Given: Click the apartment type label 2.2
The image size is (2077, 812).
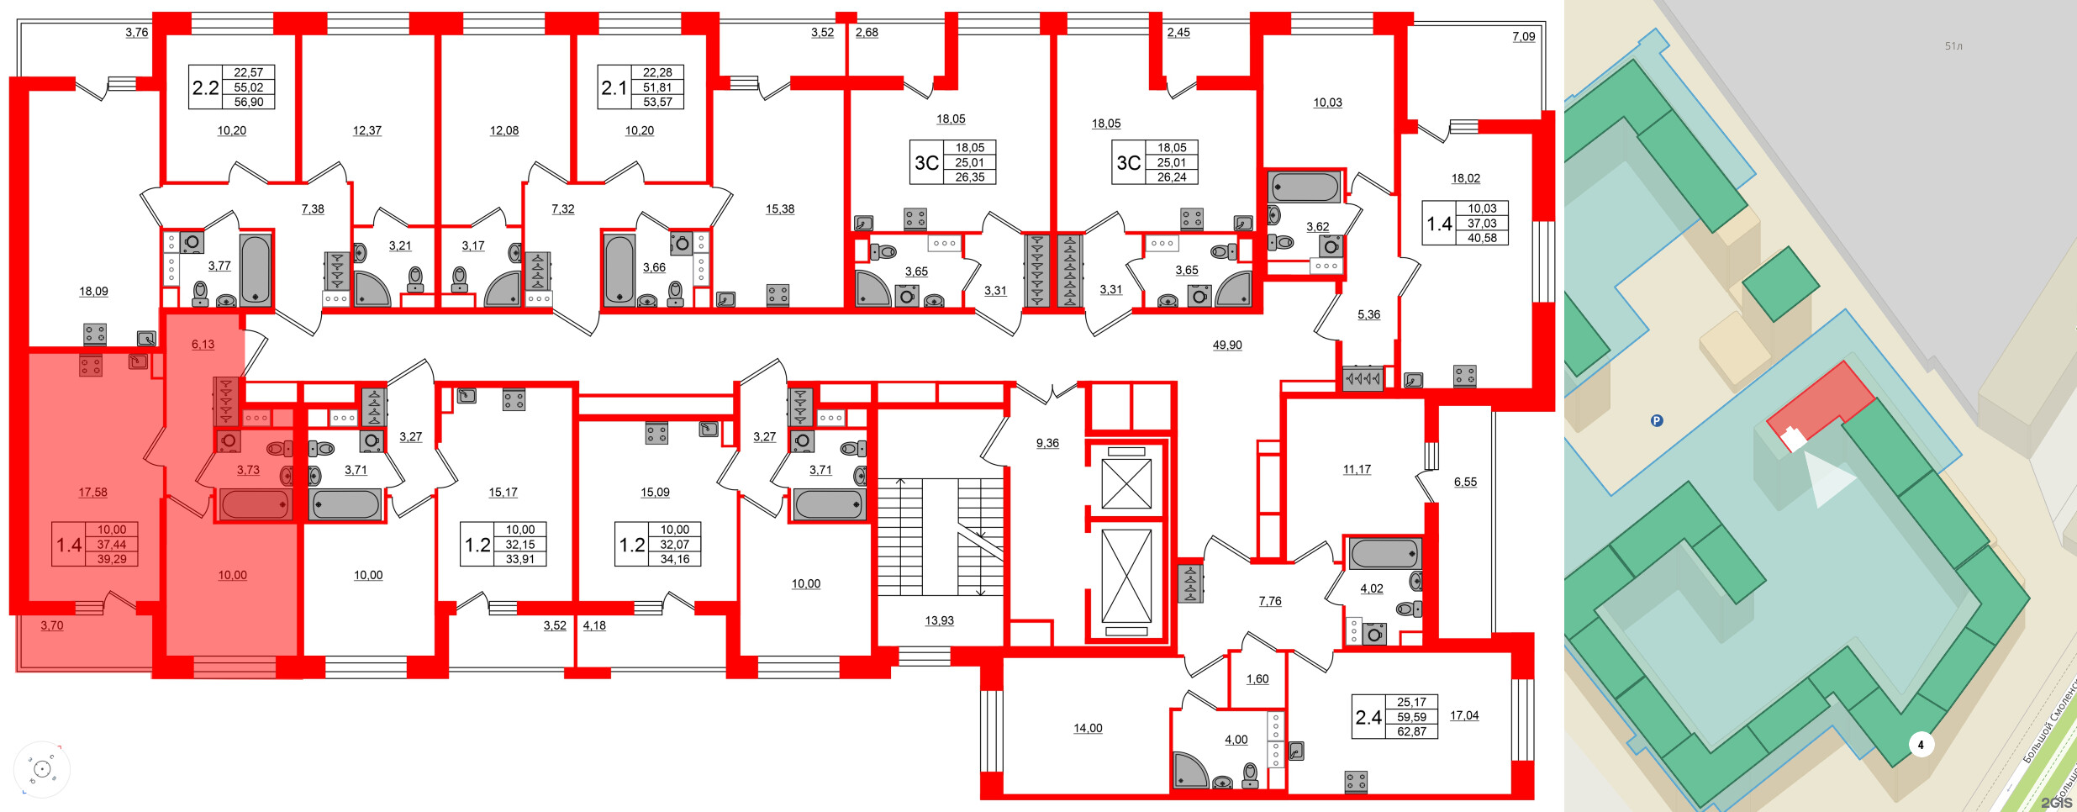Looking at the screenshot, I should [206, 87].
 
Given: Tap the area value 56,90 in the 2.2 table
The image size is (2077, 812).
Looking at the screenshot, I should [249, 102].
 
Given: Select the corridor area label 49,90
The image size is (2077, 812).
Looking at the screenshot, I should [1227, 345].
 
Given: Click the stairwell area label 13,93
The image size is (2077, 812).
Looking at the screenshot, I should [939, 620].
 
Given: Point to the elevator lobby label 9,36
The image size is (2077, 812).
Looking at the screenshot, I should [1047, 443].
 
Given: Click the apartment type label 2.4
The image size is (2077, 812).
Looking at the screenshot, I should [1368, 717].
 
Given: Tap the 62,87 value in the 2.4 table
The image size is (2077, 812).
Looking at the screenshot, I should [1412, 731].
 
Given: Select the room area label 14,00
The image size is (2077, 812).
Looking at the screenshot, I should [1088, 728].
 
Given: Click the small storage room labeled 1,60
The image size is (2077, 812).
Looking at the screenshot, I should [1257, 679].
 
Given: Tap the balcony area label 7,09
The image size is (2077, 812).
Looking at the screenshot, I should [1524, 36].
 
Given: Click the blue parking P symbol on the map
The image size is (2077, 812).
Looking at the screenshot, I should [1657, 421].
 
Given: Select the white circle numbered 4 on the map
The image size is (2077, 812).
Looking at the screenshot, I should [1921, 744].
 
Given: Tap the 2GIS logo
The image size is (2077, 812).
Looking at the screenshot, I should [2056, 802].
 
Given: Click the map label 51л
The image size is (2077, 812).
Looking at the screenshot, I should [1953, 46].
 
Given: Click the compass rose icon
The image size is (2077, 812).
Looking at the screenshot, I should [42, 769].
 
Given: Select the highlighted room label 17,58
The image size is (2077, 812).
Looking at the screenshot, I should [92, 493].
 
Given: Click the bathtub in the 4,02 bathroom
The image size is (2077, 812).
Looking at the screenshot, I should [1384, 554].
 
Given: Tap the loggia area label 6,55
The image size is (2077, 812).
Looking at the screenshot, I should [1465, 482].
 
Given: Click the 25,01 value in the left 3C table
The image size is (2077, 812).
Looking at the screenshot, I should [969, 162].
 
